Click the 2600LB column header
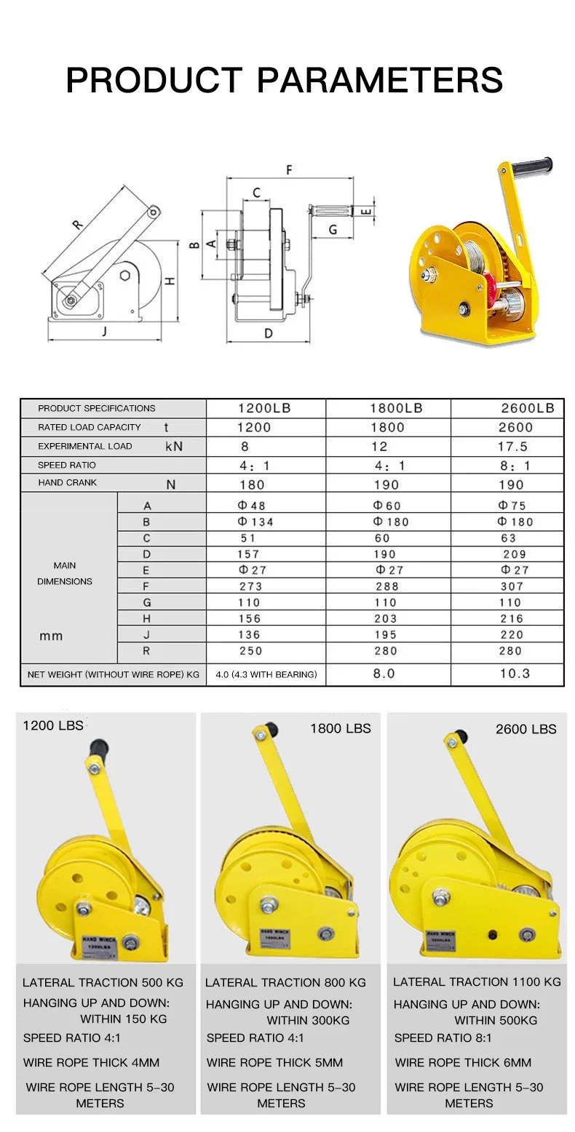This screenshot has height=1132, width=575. click(526, 408)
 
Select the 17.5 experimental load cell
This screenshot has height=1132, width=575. click(513, 447)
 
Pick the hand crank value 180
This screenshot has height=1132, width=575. click(252, 485)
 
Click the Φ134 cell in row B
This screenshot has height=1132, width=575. click(255, 522)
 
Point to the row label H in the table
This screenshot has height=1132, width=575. click(146, 618)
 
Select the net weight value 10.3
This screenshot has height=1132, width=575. click(515, 674)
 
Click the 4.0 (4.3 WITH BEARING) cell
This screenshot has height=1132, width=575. click(266, 674)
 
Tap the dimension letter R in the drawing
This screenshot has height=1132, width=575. click(78, 225)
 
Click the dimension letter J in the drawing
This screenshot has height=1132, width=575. click(106, 332)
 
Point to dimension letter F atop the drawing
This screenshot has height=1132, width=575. click(289, 170)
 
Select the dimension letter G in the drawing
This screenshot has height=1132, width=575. click(332, 230)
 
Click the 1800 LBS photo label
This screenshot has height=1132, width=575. click(340, 728)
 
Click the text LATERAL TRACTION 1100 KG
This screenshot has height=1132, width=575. click(477, 981)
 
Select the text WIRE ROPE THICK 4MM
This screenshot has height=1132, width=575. click(91, 1062)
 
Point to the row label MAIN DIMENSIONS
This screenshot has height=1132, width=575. click(65, 573)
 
